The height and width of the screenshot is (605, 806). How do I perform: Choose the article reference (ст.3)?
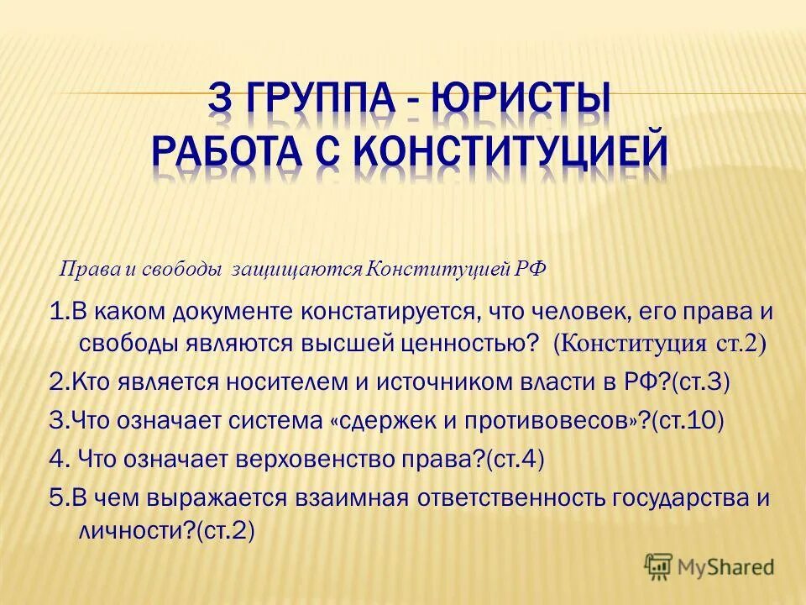(700, 381)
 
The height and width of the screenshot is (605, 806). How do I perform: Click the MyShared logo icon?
(659, 566)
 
